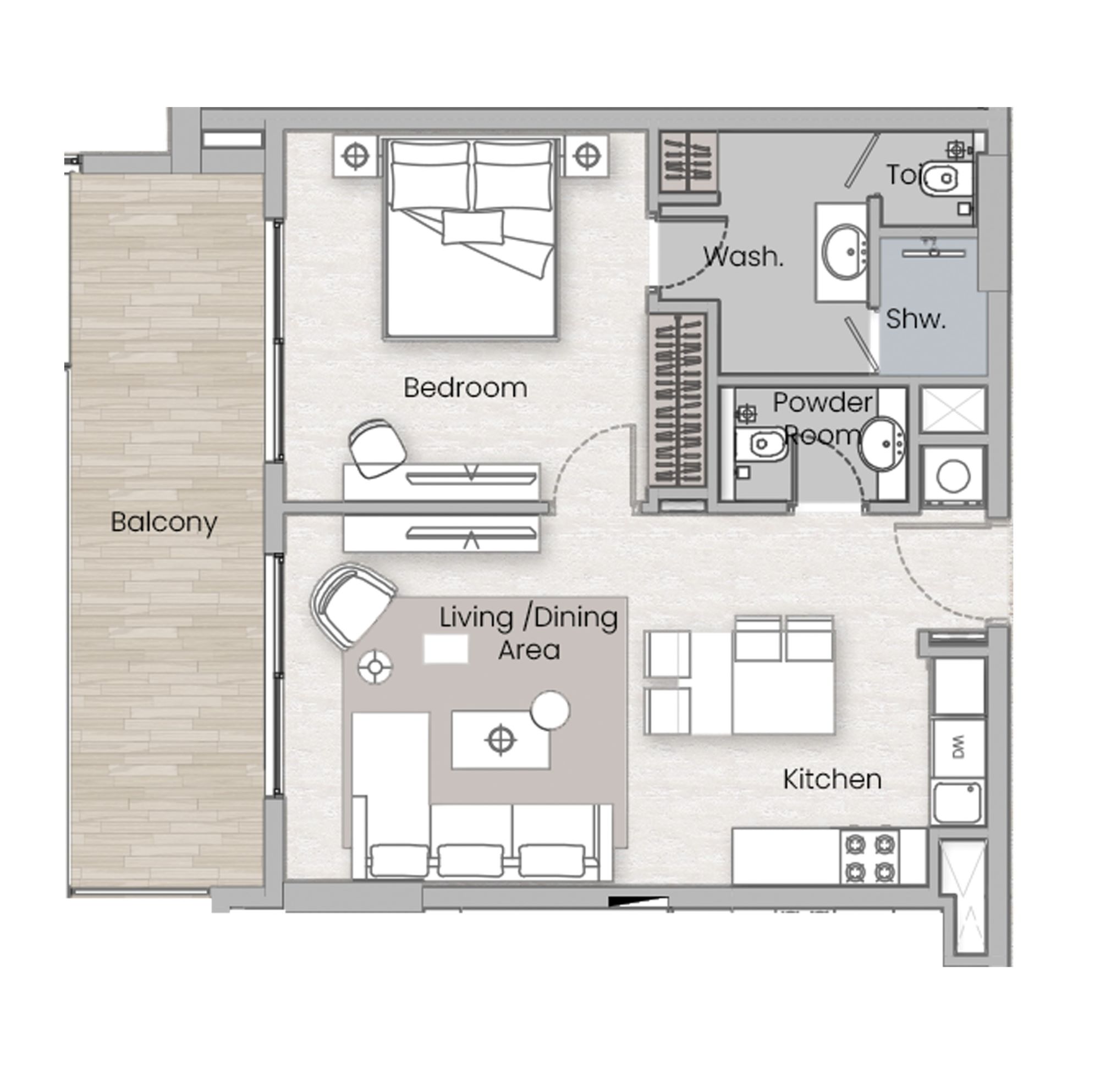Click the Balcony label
(164, 523)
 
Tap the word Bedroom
(465, 388)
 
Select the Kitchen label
(832, 779)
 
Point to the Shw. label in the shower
(916, 319)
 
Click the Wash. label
(743, 257)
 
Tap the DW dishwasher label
(958, 747)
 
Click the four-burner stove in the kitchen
(870, 857)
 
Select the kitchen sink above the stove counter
(957, 802)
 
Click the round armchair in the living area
(353, 606)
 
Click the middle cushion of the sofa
(471, 861)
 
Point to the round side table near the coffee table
(550, 710)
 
